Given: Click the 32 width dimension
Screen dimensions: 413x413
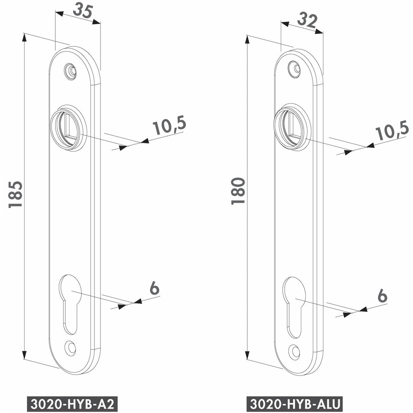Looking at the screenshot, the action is pyautogui.click(x=307, y=21).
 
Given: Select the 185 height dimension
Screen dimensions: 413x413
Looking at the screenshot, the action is pyautogui.click(x=15, y=194).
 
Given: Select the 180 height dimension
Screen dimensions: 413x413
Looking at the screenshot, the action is pyautogui.click(x=238, y=191).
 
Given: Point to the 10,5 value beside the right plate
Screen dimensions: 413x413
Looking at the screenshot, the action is pyautogui.click(x=392, y=131).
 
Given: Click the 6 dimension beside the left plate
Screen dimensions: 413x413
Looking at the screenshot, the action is pyautogui.click(x=154, y=288).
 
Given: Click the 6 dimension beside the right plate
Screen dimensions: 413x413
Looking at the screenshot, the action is pyautogui.click(x=382, y=296).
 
